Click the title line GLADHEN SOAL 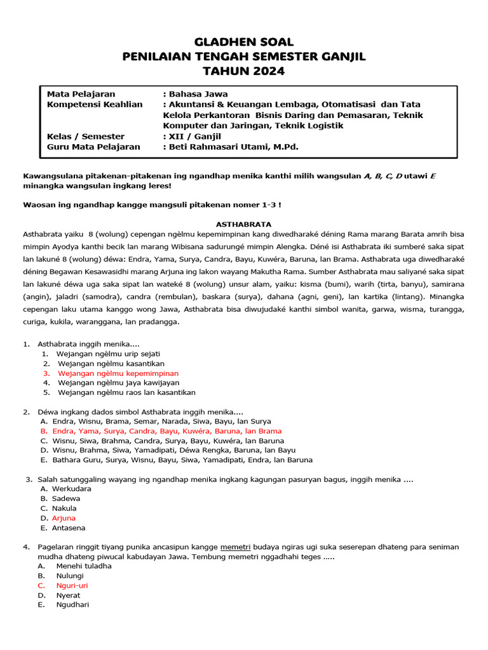pos(244,42)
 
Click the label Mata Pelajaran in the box pos(81,94)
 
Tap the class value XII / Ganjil pos(191,136)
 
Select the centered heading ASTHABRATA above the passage pos(244,224)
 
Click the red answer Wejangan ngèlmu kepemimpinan pos(118,373)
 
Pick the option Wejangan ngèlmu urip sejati pos(108,353)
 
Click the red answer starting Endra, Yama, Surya pos(158,431)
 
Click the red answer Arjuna pos(64,518)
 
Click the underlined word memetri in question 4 pos(234,547)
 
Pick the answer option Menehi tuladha pos(84,566)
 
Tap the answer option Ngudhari pos(72,605)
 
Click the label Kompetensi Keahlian pos(95,104)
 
